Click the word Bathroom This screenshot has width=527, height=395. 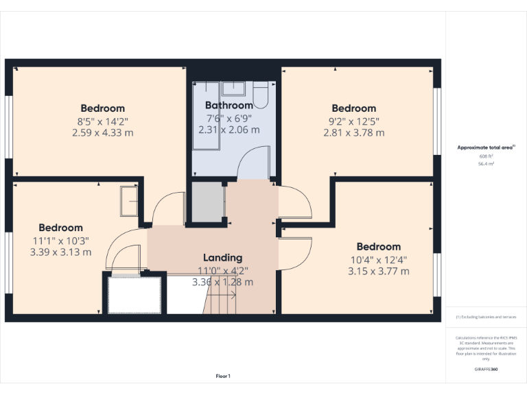(x=229, y=106)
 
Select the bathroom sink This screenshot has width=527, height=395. (x=234, y=87)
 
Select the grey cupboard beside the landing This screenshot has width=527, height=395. (x=207, y=202)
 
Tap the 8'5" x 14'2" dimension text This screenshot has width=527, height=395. (x=102, y=121)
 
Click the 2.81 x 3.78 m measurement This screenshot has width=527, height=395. (x=353, y=132)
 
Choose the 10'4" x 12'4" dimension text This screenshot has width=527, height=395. (x=378, y=259)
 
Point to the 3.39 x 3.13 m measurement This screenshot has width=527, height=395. (x=60, y=252)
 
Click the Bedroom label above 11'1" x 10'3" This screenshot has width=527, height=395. (x=60, y=228)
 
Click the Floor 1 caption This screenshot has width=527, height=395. (x=223, y=376)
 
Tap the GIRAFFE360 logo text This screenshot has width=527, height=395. (x=486, y=370)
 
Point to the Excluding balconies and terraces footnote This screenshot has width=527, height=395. (x=486, y=317)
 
